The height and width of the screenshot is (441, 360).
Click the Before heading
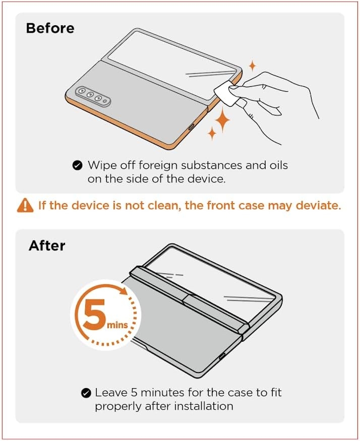pyautogui.click(x=50, y=28)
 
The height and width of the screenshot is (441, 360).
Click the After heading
pyautogui.click(x=47, y=245)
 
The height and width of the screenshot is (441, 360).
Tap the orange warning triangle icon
pyautogui.click(x=25, y=205)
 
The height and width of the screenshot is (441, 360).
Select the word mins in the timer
pyautogui.click(x=117, y=325)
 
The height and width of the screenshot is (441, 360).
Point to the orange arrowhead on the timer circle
pyautogui.click(x=124, y=291)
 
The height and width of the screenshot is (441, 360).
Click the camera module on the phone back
pyautogui.click(x=93, y=96)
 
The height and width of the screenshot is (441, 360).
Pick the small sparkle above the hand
pyautogui.click(x=253, y=66)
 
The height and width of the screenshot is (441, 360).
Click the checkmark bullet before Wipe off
pyautogui.click(x=77, y=166)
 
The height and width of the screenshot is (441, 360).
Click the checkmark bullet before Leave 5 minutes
pyautogui.click(x=86, y=393)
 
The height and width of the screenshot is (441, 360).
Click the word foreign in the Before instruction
pyautogui.click(x=158, y=166)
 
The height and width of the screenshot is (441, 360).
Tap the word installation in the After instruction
pyautogui.click(x=204, y=406)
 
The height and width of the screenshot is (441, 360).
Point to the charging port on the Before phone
pyautogui.click(x=191, y=127)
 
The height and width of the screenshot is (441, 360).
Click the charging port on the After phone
pyautogui.click(x=222, y=356)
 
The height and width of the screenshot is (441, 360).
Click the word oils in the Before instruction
pyautogui.click(x=279, y=165)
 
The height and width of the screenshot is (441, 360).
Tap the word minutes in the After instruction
pyautogui.click(x=162, y=393)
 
